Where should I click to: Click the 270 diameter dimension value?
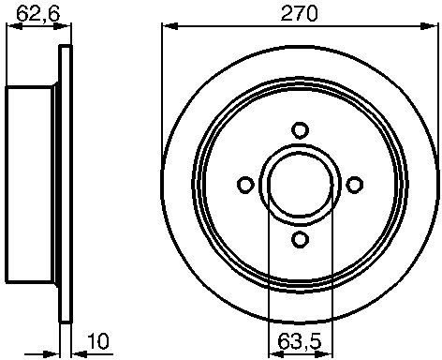coord(299,14)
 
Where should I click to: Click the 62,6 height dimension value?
coord(37,14)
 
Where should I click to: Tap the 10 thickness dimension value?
coord(98,341)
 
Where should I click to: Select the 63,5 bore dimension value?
coord(300,341)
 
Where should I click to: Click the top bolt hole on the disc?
coord(301,130)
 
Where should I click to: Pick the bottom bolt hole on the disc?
coord(301,239)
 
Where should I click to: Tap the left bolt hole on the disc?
coord(245,185)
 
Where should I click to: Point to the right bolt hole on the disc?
coord(355,185)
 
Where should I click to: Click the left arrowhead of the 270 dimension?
coord(169,26)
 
